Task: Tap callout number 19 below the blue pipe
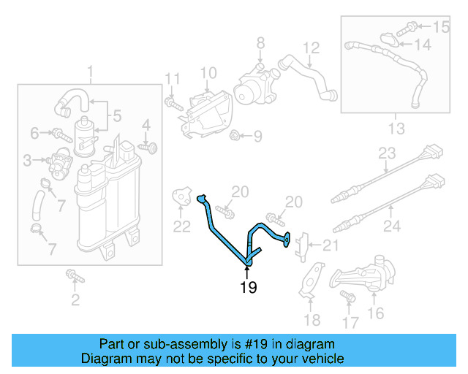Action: coord(249,288)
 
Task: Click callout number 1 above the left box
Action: coord(91,72)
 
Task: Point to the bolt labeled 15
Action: coord(411,27)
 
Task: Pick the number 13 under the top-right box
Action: coord(396,129)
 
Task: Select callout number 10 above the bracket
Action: coord(208,72)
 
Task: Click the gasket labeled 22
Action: coord(181,197)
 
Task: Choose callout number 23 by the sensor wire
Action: coord(387,154)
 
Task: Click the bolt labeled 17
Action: coord(346,296)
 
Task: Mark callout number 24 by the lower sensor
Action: coord(393,227)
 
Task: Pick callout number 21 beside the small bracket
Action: coord(331,245)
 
